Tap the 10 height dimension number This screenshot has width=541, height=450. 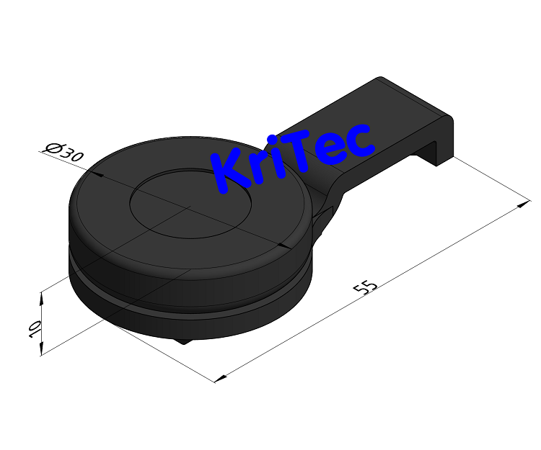(32, 330)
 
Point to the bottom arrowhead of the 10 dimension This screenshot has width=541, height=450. (42, 351)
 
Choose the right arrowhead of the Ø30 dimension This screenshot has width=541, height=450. (287, 246)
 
